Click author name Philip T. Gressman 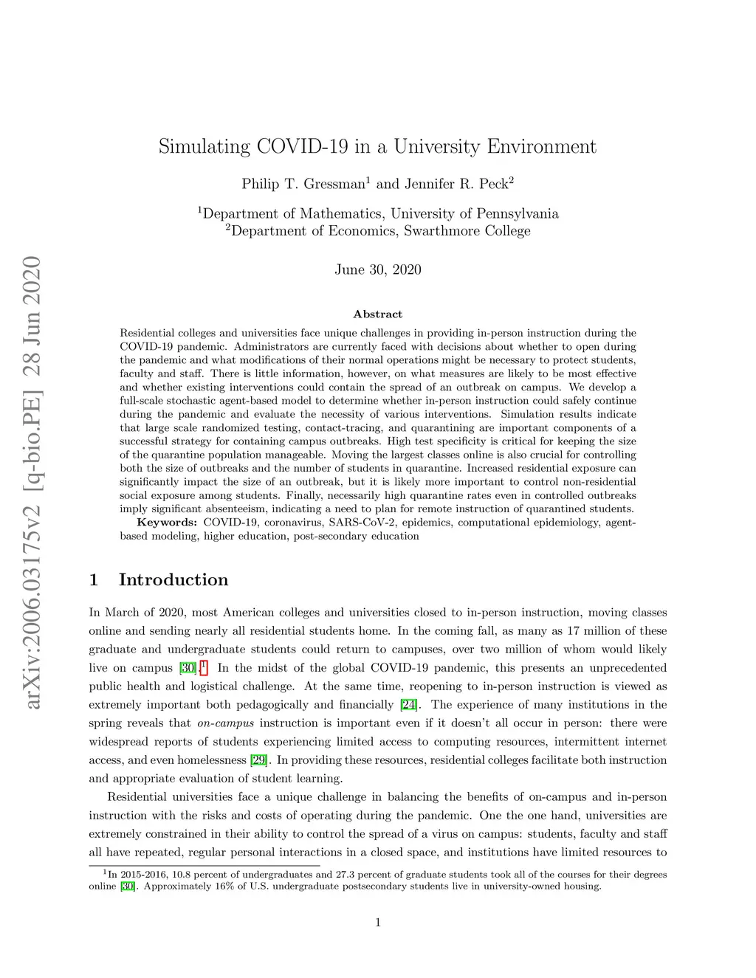click(303, 184)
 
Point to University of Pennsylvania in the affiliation click(475, 214)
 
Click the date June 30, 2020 click(378, 269)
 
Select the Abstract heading click(378, 314)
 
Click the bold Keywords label click(167, 523)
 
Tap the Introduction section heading click(173, 580)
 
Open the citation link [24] click(408, 705)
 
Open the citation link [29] click(258, 760)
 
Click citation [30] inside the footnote click(128, 886)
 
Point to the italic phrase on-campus click(225, 723)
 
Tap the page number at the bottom click(378, 922)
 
